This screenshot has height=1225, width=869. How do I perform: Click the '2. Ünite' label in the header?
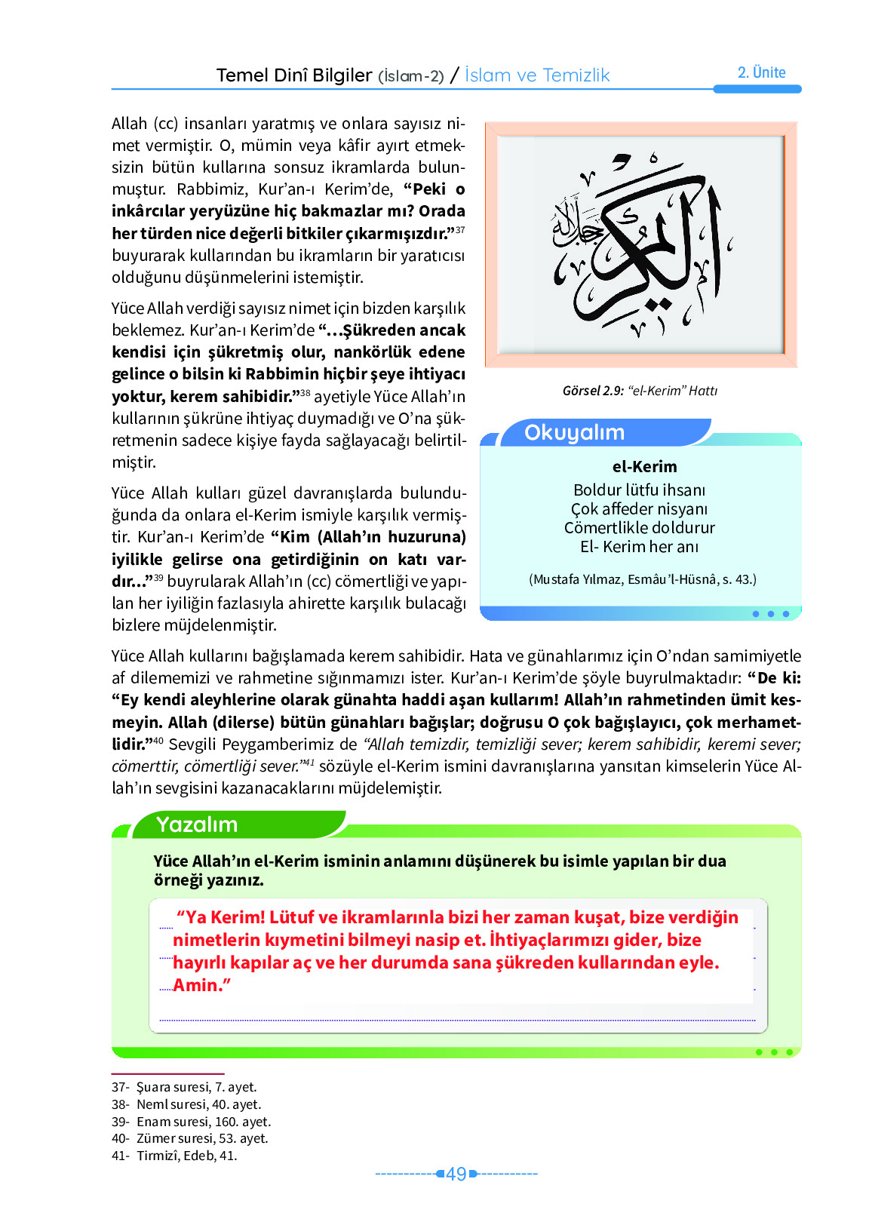(x=761, y=72)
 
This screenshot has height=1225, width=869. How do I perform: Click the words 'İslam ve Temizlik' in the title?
(x=536, y=75)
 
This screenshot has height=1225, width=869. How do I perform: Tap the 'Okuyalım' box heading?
(x=574, y=432)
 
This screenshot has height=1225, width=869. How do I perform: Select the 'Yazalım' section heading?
(x=197, y=824)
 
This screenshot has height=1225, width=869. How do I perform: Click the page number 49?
(x=456, y=1174)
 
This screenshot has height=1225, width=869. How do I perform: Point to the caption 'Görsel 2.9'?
(x=593, y=391)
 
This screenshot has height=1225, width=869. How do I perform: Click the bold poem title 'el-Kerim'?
(x=644, y=466)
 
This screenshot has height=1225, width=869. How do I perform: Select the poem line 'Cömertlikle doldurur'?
(x=639, y=527)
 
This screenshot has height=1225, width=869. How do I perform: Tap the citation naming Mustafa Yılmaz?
(x=642, y=579)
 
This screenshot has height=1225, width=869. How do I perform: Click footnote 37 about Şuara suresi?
(x=184, y=1087)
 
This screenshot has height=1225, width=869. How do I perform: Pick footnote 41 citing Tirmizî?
(x=174, y=1156)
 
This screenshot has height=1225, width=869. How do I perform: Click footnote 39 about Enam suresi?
(x=191, y=1122)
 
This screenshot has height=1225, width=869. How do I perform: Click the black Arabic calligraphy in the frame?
(x=641, y=245)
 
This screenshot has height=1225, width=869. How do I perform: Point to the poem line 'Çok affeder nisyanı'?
(x=639, y=508)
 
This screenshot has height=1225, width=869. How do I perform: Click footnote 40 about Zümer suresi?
(x=189, y=1138)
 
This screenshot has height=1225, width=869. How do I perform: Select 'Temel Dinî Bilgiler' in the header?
(x=294, y=75)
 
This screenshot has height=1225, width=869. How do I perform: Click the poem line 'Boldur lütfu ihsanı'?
(x=639, y=490)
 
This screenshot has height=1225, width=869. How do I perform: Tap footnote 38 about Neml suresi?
(x=186, y=1104)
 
